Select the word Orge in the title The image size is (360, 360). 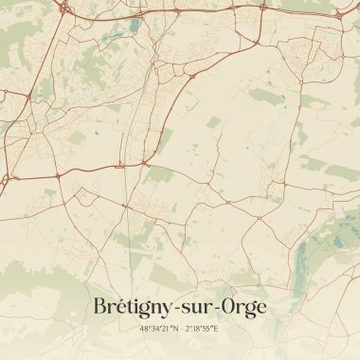[x=244, y=308]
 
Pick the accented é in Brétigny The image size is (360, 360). [x=120, y=308]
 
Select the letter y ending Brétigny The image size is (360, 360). [x=171, y=311]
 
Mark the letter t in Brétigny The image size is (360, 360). [x=130, y=308]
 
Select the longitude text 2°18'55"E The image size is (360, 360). [x=202, y=328]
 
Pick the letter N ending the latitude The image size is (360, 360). [x=171, y=328]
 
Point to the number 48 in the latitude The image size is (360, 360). [x=142, y=328]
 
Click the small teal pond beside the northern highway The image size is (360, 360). [x=135, y=24]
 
